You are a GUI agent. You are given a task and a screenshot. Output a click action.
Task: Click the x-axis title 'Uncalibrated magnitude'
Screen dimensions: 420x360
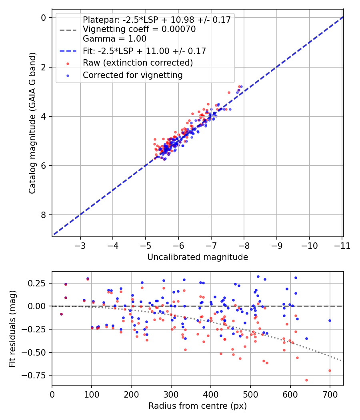(x=198, y=257)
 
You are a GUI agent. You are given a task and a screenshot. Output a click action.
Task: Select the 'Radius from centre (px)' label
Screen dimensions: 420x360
(x=198, y=406)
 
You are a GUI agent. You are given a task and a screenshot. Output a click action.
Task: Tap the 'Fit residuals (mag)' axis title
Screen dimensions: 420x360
(x=12, y=328)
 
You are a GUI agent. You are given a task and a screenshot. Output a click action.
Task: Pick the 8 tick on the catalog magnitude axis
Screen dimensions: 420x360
(x=44, y=215)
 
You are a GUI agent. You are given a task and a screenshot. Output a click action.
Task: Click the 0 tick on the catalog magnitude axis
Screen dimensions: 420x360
(x=44, y=18)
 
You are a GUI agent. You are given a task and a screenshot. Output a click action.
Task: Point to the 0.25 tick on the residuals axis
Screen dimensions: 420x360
(x=38, y=283)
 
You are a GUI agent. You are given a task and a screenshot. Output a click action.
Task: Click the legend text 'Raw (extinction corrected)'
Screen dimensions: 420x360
(x=138, y=63)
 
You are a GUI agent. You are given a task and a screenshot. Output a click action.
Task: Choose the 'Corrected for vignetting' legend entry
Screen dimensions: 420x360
(x=132, y=75)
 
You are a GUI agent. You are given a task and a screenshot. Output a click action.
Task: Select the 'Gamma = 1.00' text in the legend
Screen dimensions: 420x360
(x=114, y=39)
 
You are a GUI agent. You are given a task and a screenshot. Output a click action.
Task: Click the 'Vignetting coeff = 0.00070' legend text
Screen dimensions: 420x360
(x=139, y=29)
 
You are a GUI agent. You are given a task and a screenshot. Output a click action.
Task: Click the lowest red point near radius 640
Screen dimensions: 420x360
(x=306, y=380)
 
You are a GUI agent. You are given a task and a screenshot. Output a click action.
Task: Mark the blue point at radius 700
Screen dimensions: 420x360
(x=330, y=320)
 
